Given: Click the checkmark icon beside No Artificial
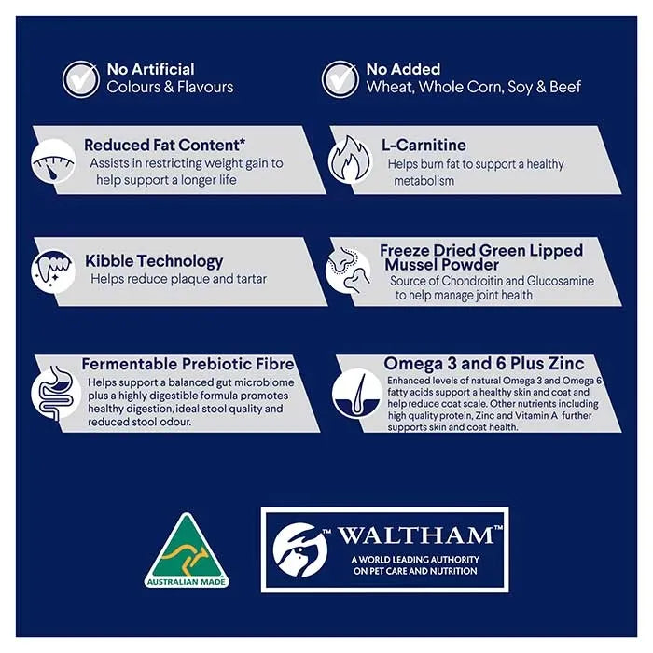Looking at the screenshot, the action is click(81, 79).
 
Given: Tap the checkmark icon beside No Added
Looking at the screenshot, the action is click(340, 79).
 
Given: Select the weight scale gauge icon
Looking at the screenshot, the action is click(53, 161).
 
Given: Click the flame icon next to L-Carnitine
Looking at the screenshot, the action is click(349, 160).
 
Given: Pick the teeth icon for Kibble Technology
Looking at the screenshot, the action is click(53, 271).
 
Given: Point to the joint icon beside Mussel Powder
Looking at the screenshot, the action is click(348, 269).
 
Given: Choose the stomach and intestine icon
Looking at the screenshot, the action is click(55, 393).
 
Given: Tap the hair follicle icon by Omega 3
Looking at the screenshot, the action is click(357, 393).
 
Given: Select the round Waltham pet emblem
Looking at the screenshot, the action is click(299, 550).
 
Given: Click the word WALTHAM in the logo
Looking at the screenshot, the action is click(416, 535).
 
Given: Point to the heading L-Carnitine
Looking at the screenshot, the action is click(424, 145).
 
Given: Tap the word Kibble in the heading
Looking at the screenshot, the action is click(109, 260).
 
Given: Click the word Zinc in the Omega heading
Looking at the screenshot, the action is click(566, 363).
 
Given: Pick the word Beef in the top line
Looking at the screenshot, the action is click(565, 87).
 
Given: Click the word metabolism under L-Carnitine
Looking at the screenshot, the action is click(424, 181).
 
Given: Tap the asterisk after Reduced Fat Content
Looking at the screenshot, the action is click(242, 142).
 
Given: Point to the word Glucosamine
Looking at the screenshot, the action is click(561, 281).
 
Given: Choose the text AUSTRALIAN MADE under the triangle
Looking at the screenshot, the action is click(187, 582).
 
